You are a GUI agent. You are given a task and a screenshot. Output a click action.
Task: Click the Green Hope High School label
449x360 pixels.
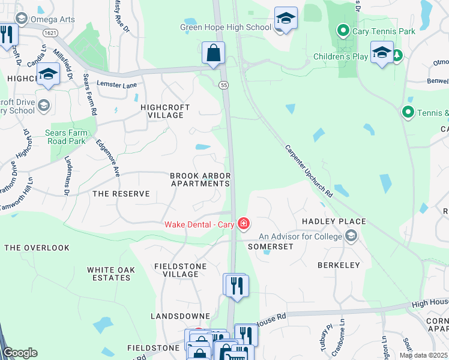(226, 27)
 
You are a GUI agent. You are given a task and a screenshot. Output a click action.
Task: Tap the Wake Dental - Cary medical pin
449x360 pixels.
(243, 225)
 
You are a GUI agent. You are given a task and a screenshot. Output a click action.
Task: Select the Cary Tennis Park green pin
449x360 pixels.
(343, 29)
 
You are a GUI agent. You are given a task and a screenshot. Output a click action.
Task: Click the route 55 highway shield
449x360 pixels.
(223, 85)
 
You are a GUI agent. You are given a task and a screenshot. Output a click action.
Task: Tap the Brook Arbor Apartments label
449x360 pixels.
(200, 179)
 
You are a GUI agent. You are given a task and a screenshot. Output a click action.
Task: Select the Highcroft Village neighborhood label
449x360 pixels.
(165, 111)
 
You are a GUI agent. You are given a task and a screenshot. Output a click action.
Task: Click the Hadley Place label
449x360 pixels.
(334, 221)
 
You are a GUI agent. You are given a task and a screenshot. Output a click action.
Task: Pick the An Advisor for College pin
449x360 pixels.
(351, 236)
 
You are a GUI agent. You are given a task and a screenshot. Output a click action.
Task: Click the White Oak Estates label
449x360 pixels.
(109, 274)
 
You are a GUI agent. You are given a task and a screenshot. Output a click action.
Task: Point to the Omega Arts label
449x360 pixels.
(54, 19)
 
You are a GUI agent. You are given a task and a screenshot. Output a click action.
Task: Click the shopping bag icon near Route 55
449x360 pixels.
(213, 53)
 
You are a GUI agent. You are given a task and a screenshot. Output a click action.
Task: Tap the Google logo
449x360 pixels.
(20, 353)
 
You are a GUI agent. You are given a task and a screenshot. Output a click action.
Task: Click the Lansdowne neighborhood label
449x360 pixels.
(180, 316)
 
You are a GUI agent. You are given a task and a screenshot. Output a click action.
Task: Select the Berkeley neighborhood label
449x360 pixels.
(339, 265)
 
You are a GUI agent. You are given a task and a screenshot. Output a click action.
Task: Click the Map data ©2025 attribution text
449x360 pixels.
(422, 355)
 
